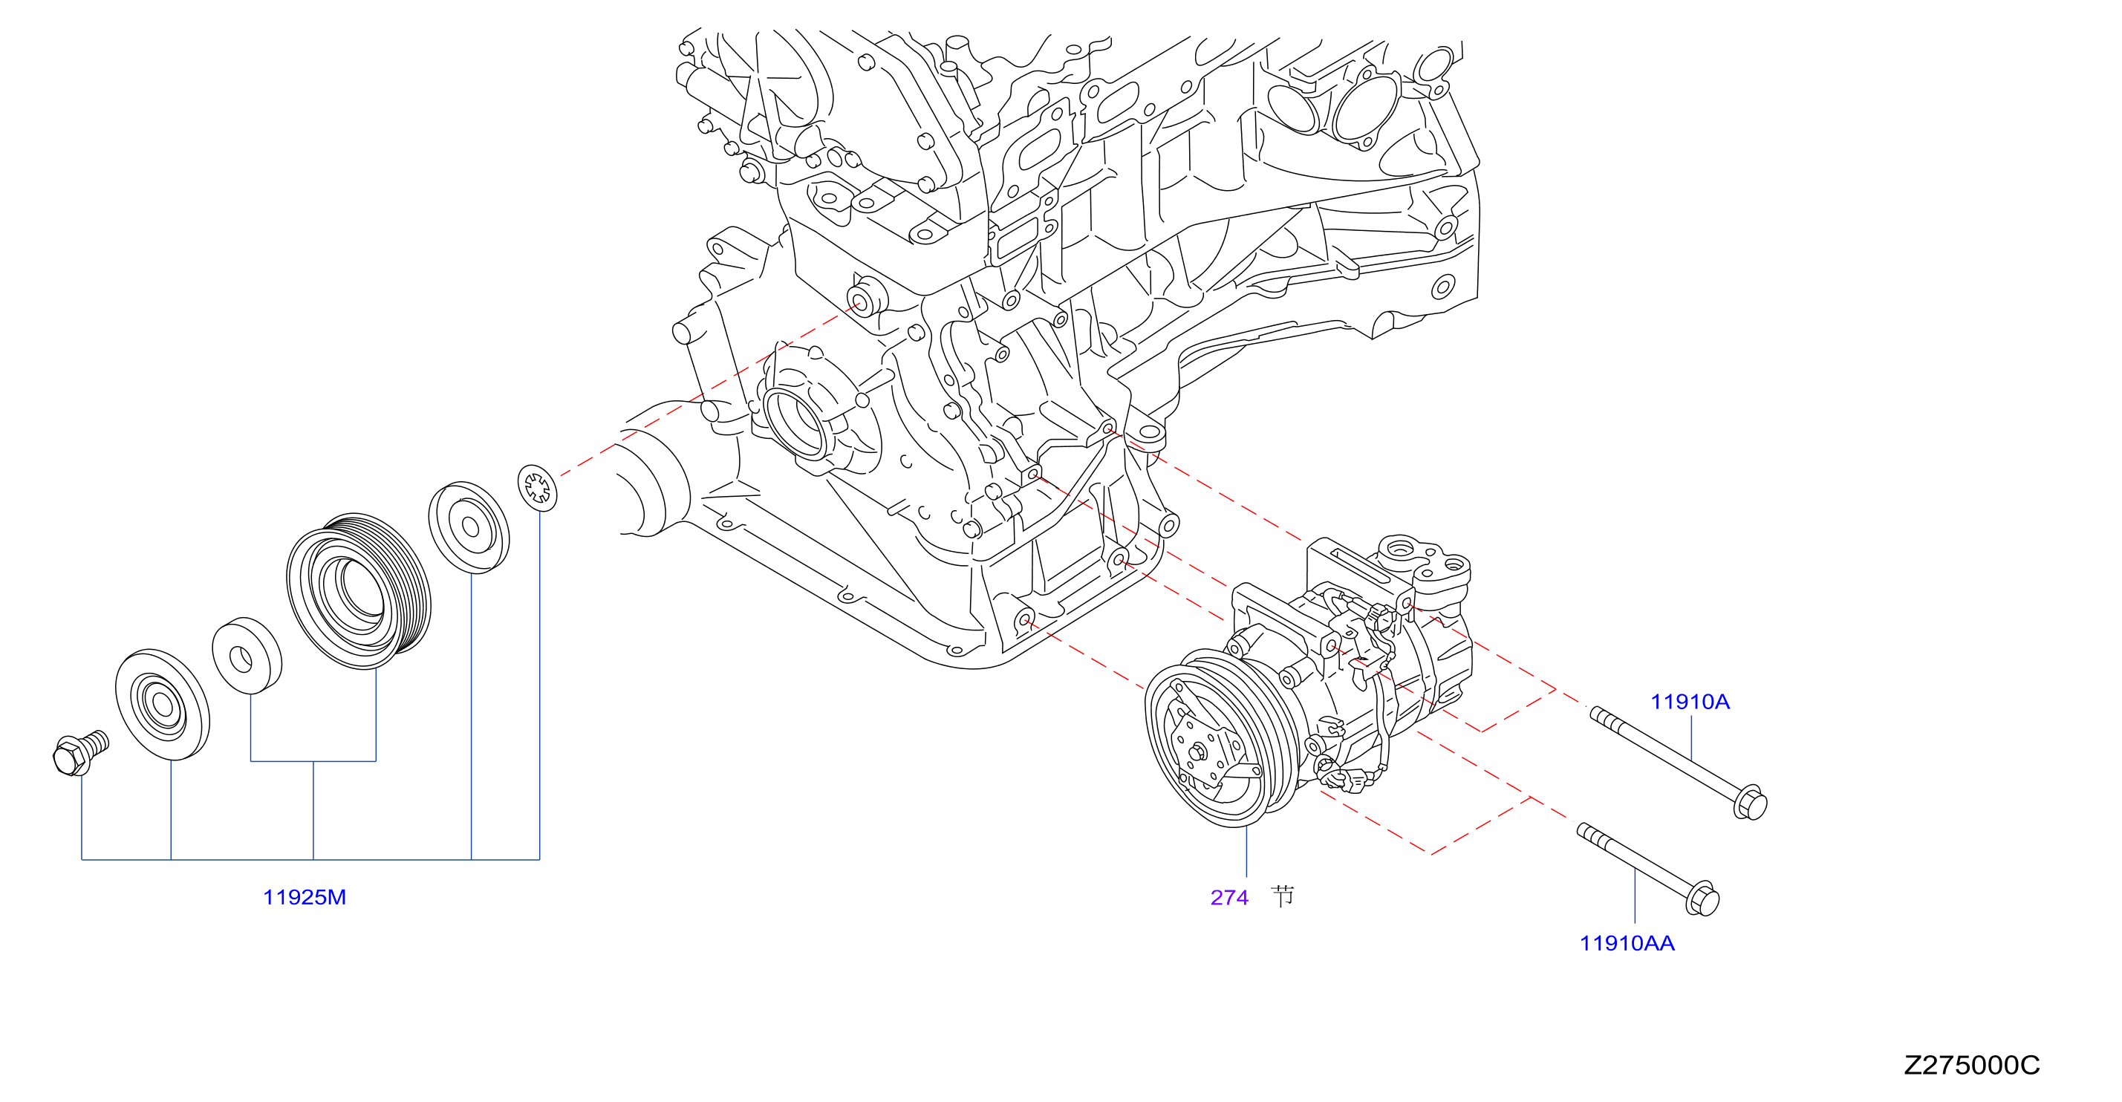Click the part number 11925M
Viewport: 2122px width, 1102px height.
click(x=305, y=898)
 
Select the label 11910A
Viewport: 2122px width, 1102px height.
click(x=1690, y=702)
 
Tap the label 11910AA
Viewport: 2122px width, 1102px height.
click(x=1627, y=943)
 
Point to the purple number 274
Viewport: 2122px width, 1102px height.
click(x=1229, y=898)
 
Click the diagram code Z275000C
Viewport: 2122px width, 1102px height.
click(x=1972, y=1065)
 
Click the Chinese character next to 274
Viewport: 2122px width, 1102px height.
click(x=1282, y=896)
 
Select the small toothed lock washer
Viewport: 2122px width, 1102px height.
click(x=537, y=488)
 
